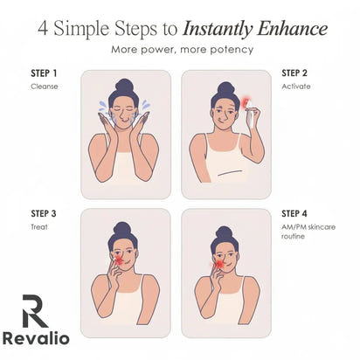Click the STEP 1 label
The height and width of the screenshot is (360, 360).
44,73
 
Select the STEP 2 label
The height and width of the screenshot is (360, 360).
294,73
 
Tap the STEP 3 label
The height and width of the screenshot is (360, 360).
44,212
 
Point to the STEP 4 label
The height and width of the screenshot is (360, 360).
294,212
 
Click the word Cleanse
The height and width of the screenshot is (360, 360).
45,87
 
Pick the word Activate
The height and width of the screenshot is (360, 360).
295,87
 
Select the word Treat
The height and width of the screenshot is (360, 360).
39,226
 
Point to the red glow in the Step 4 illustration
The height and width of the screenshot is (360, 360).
219,263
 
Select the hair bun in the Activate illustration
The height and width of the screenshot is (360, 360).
227,87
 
